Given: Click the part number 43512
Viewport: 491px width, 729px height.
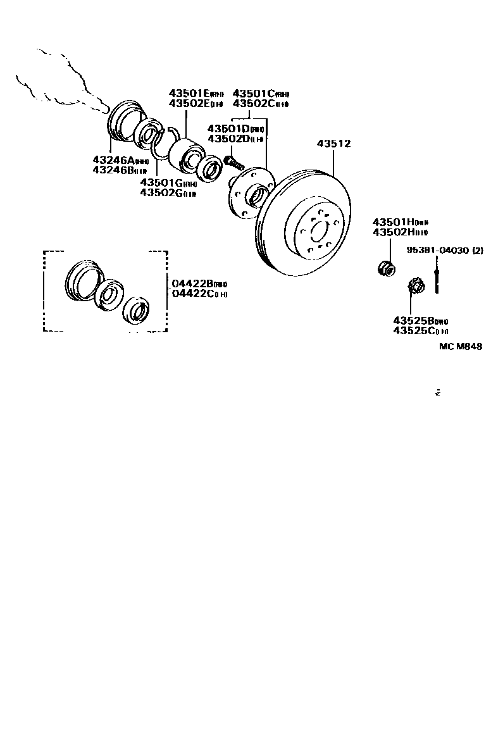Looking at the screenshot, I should tap(333, 144).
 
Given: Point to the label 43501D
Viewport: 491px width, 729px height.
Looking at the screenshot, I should tap(231, 128).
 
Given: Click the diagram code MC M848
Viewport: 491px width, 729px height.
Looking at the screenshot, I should tap(461, 346).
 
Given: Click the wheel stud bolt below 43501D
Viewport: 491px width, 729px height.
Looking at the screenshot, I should tap(234, 163).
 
